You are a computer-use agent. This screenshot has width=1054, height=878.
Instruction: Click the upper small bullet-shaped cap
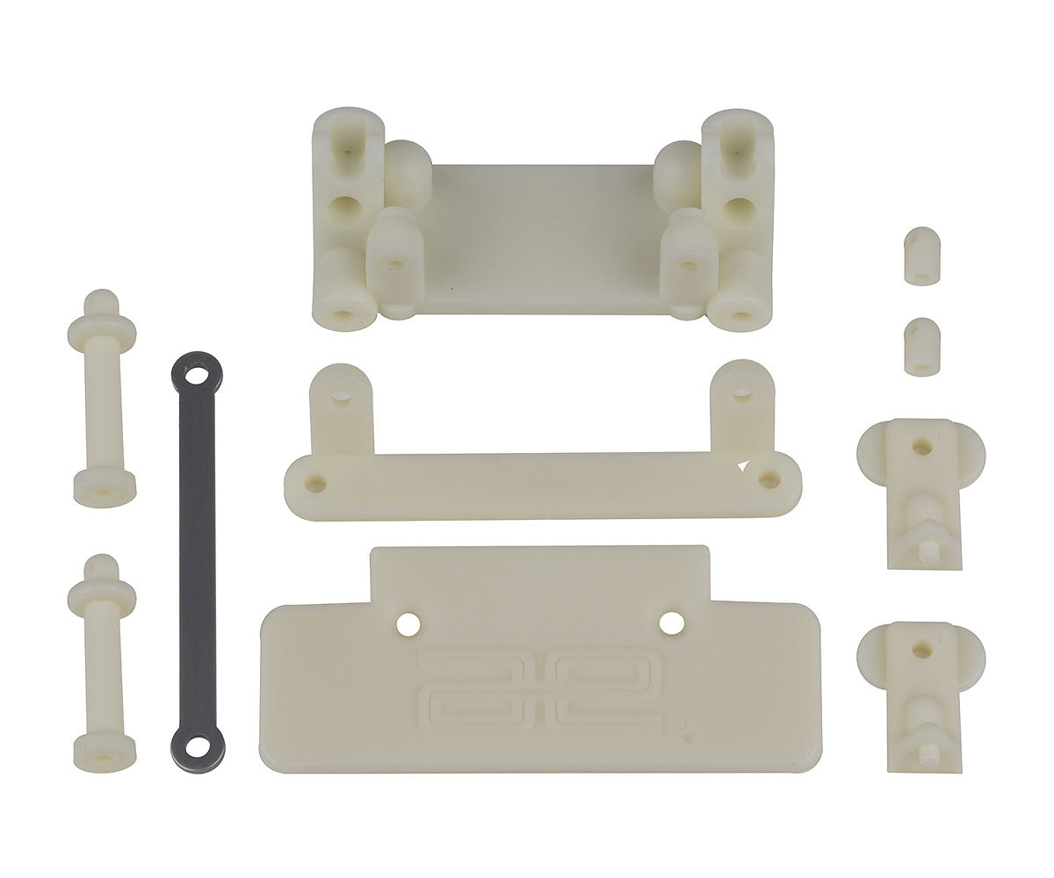tap(921, 255)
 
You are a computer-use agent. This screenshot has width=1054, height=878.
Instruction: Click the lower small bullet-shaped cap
tap(921, 346)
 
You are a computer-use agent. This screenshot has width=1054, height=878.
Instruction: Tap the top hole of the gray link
tap(195, 376)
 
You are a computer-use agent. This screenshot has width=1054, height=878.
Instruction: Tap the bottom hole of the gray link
tap(196, 747)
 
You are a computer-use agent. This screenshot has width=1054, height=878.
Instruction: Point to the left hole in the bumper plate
tap(407, 623)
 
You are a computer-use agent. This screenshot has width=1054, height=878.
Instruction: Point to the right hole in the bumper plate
tap(672, 623)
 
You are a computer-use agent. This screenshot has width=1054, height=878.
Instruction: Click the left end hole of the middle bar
tap(316, 482)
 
